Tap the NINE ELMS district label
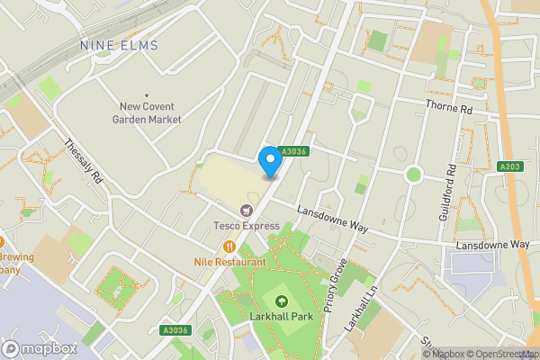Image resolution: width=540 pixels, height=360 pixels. pos(119,45)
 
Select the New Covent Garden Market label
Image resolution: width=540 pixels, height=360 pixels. pos(148,112)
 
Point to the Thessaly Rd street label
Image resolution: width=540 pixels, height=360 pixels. pos(84,162)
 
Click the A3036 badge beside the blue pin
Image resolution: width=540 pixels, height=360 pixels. pos(293,152)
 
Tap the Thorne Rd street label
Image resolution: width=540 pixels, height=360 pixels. pos(449,109)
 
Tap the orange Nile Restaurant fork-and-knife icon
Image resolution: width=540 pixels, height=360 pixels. pos(229,247)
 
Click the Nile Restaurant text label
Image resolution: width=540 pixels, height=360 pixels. pos(229,262)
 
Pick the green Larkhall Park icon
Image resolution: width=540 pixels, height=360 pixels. pos(282,301)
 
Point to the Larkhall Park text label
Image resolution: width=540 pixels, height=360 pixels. pos(282,318)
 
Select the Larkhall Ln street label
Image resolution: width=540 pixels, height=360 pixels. pos(364,310)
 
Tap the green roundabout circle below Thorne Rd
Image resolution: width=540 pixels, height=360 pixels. pos(413,174)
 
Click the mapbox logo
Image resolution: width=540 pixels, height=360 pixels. pos(40,348)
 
